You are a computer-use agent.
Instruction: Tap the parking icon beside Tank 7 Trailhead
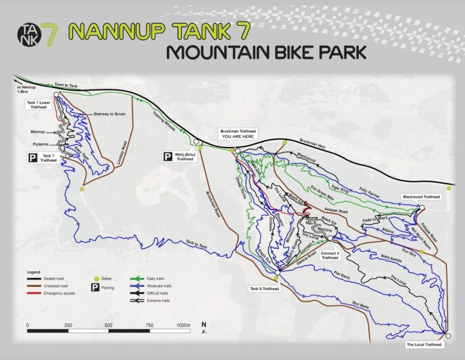(x=33, y=158)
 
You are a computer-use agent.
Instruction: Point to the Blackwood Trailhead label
(x=421, y=197)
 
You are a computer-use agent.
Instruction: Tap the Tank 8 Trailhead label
(x=264, y=289)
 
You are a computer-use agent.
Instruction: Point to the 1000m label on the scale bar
(x=183, y=326)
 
